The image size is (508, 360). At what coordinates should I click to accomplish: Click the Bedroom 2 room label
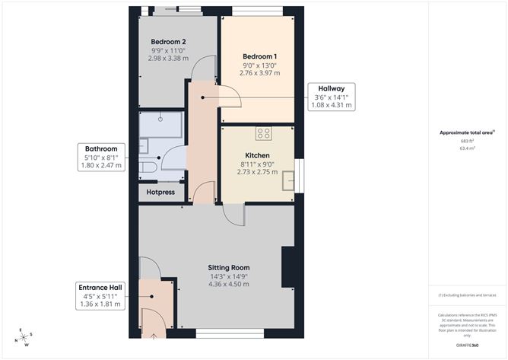(168, 42)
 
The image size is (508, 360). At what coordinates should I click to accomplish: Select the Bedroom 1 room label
(259, 57)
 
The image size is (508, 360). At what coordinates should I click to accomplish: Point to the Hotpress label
(160, 193)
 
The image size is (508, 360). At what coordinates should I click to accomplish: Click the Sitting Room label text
(229, 268)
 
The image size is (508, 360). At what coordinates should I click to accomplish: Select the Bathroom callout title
(100, 148)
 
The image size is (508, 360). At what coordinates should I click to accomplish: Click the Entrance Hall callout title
(100, 287)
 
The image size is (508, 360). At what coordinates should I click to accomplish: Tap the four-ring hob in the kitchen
(264, 134)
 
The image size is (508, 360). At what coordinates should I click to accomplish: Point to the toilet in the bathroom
(148, 166)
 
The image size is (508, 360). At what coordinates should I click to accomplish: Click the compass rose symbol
(25, 336)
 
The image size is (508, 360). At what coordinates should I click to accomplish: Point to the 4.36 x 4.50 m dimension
(229, 285)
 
